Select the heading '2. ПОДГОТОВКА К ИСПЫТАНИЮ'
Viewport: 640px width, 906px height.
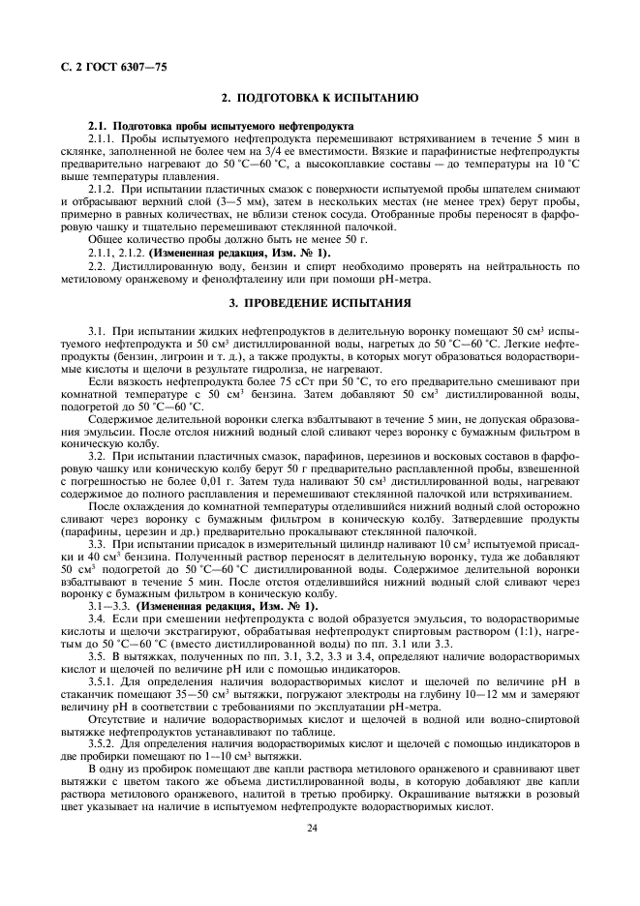pyautogui.click(x=320, y=99)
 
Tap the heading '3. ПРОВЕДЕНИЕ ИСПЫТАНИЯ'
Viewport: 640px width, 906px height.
pyautogui.click(x=320, y=303)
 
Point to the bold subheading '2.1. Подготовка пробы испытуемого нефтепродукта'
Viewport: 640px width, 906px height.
pyautogui.click(x=221, y=127)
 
